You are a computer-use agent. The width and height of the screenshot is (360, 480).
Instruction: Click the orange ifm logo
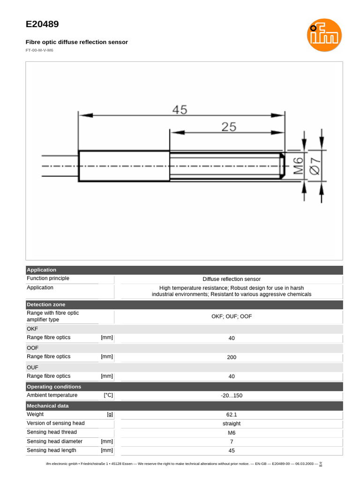(324, 35)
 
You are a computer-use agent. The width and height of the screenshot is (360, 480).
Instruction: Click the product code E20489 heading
(42, 24)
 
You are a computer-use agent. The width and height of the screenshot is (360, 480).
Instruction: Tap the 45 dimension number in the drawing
(180, 110)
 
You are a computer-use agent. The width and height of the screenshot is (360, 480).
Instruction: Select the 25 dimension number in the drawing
(229, 127)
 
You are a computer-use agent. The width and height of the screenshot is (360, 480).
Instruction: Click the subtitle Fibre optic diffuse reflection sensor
(76, 42)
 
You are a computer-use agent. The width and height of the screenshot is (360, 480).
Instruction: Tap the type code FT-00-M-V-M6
(39, 50)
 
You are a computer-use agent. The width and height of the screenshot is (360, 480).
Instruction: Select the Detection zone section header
(46, 305)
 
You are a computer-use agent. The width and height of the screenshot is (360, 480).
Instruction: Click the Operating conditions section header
(54, 387)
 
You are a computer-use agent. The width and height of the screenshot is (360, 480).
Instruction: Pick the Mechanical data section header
(48, 406)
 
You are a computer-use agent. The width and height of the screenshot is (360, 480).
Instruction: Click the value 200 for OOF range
(232, 357)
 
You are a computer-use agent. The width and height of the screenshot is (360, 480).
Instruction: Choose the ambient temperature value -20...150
(232, 396)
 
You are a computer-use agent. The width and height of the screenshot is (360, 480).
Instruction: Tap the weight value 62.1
(232, 415)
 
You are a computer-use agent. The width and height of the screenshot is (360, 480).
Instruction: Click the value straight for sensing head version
(232, 424)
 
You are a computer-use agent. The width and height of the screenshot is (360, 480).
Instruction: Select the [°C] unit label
(108, 396)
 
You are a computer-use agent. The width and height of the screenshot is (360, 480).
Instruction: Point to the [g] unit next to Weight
(110, 415)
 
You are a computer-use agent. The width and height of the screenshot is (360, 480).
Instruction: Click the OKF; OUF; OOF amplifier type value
(232, 316)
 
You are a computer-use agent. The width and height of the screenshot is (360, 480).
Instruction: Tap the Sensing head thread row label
(52, 432)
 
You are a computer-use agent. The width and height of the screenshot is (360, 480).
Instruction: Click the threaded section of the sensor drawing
(225, 166)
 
